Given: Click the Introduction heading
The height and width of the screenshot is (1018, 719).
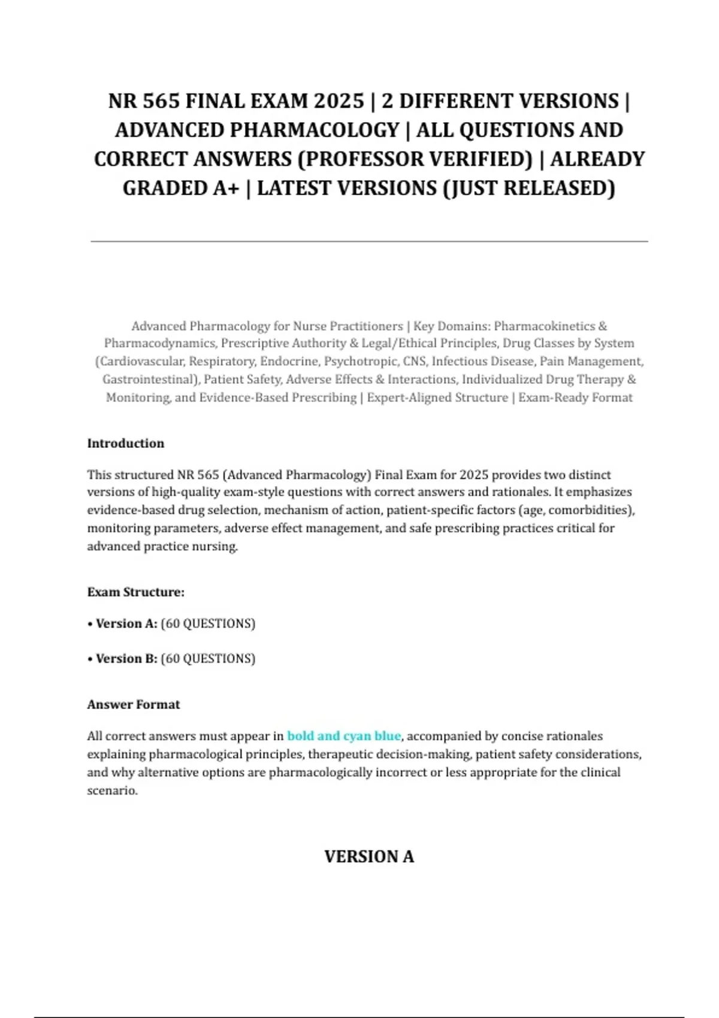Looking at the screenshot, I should [126, 443].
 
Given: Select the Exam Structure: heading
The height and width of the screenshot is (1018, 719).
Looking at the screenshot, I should [136, 592].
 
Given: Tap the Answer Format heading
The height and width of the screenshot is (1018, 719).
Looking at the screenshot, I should [134, 704].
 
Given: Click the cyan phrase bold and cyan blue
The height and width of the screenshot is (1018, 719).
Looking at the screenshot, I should [344, 735].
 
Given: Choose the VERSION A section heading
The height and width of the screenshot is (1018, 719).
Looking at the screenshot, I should [369, 856].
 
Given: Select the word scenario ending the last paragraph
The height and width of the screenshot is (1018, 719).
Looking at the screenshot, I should [111, 790].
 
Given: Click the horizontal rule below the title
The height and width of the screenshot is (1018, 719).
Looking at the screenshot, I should [369, 241].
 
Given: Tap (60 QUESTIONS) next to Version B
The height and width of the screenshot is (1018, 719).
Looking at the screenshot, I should [208, 658].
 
